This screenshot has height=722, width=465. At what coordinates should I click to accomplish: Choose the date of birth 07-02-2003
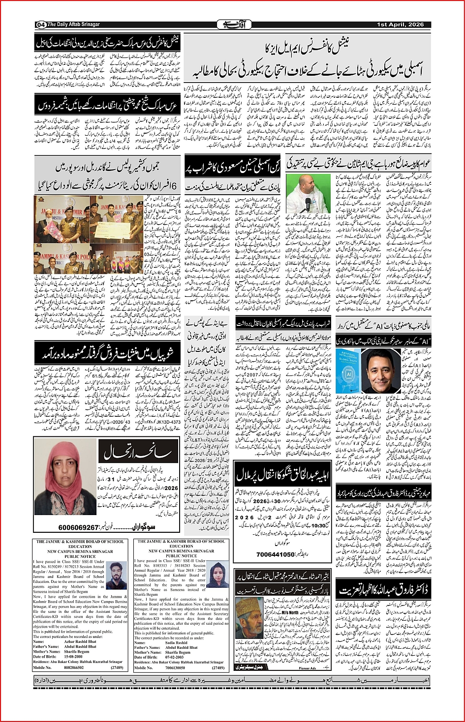pos(176,657)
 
